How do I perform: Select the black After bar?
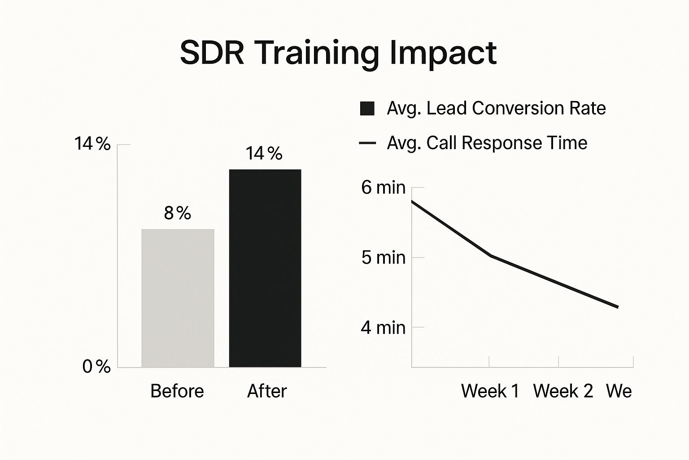(x=265, y=268)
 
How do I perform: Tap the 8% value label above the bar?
(x=178, y=213)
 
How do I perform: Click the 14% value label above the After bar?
(x=264, y=154)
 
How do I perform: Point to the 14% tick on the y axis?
(x=92, y=144)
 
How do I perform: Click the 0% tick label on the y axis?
(x=96, y=367)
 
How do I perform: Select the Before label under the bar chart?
(x=177, y=391)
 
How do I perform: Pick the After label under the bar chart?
(x=267, y=391)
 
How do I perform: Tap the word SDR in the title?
(x=212, y=53)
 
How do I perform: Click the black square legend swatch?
(x=367, y=109)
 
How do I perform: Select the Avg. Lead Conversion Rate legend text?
(x=496, y=108)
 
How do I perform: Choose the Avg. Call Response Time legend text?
(x=487, y=143)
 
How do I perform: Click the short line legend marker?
(x=367, y=143)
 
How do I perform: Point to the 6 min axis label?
(x=384, y=187)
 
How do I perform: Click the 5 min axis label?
(x=384, y=257)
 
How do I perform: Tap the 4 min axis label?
(x=383, y=327)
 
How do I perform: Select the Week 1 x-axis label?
(x=490, y=391)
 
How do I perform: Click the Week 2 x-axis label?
(x=563, y=391)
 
